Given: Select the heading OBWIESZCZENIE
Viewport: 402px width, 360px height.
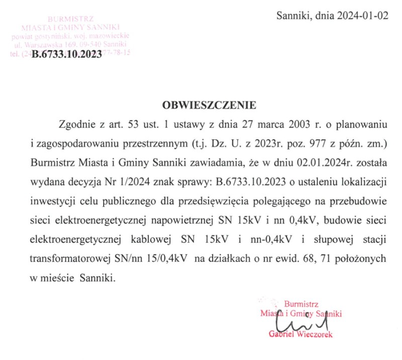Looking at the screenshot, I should [x=209, y=106].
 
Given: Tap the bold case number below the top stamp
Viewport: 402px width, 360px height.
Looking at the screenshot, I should [x=67, y=56].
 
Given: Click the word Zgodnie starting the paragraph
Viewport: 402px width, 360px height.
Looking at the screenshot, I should [x=76, y=124].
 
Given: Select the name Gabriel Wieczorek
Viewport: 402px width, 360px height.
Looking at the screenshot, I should [x=300, y=334].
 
